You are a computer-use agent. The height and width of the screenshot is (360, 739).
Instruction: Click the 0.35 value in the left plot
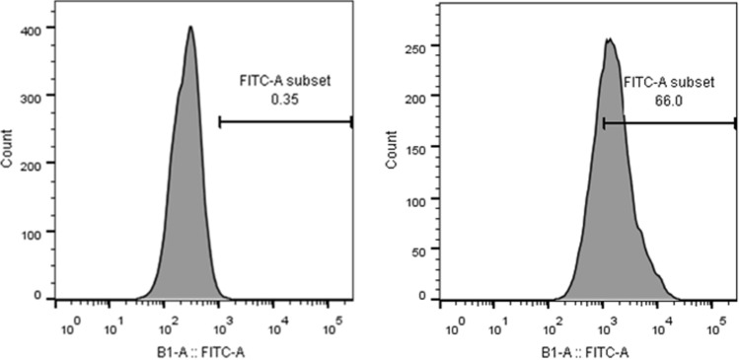pyautogui.click(x=285, y=99)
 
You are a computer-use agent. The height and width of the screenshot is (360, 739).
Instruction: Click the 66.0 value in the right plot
pyautogui.click(x=670, y=101)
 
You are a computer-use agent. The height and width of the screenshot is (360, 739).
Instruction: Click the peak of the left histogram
pyautogui.click(x=190, y=28)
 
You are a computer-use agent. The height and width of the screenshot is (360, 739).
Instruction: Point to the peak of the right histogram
pyautogui.click(x=610, y=40)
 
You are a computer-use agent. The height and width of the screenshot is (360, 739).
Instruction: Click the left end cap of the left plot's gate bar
pyautogui.click(x=219, y=122)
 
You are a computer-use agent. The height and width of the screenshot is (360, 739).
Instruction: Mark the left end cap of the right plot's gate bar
pyautogui.click(x=603, y=123)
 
